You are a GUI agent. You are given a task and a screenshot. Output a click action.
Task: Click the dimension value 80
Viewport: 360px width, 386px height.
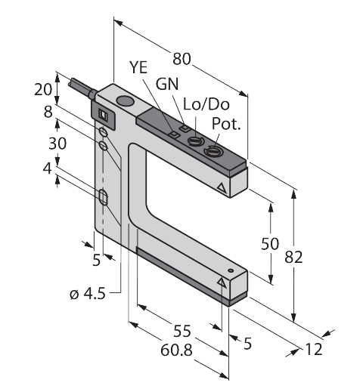pyautogui.click(x=182, y=59)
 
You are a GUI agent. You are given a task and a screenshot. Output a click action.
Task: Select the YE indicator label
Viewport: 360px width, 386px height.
pyautogui.click(x=138, y=67)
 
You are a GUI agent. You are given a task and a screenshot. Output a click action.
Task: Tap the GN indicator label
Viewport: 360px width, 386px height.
pyautogui.click(x=167, y=84)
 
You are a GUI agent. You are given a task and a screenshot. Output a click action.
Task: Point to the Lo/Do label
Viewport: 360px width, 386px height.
pyautogui.click(x=206, y=104)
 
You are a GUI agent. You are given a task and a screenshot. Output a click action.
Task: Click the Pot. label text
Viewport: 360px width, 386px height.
pyautogui.click(x=226, y=123)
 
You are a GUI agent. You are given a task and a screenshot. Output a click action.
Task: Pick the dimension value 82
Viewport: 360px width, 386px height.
pyautogui.click(x=293, y=258)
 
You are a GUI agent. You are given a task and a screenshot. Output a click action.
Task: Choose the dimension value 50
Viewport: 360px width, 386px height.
pyautogui.click(x=270, y=244)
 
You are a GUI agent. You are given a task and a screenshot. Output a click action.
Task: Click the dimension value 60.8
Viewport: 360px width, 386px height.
pyautogui.click(x=176, y=350)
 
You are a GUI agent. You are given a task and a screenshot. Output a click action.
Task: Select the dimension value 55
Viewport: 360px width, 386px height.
pyautogui.click(x=182, y=331)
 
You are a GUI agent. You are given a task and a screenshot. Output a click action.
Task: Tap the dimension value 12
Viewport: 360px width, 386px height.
pyautogui.click(x=314, y=350)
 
